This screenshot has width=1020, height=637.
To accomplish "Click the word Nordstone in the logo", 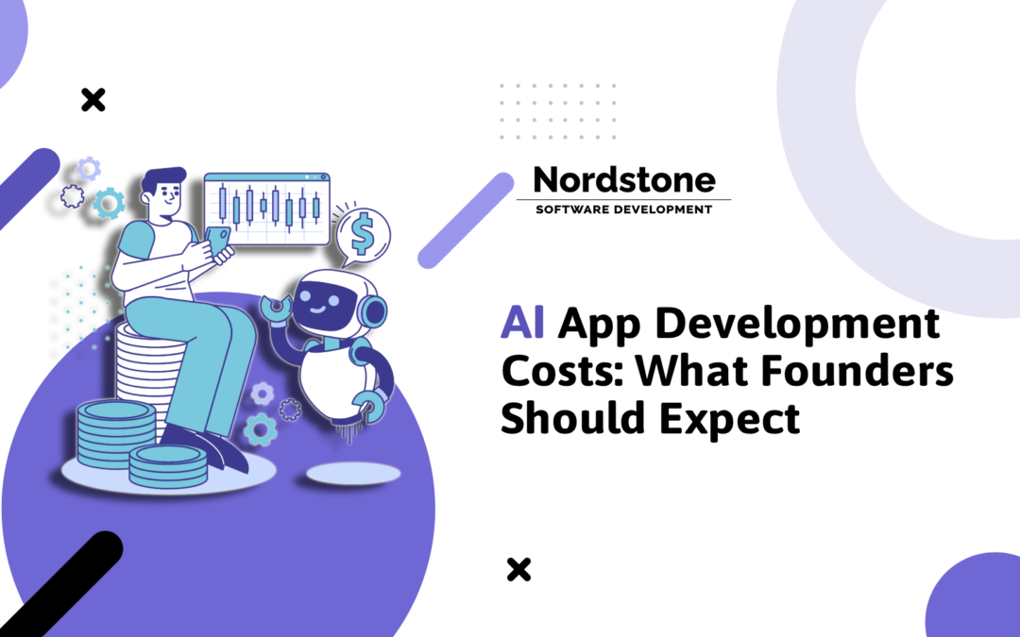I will (x=623, y=178).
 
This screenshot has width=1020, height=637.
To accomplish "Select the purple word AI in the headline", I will (x=522, y=327).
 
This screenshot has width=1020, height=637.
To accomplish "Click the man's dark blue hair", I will (x=164, y=179).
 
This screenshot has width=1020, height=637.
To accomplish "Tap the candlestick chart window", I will (x=267, y=208).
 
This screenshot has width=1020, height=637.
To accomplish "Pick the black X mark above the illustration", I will (x=93, y=99).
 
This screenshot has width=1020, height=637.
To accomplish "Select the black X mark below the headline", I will (x=518, y=569).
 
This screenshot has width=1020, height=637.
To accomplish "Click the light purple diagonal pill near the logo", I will (x=466, y=220).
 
